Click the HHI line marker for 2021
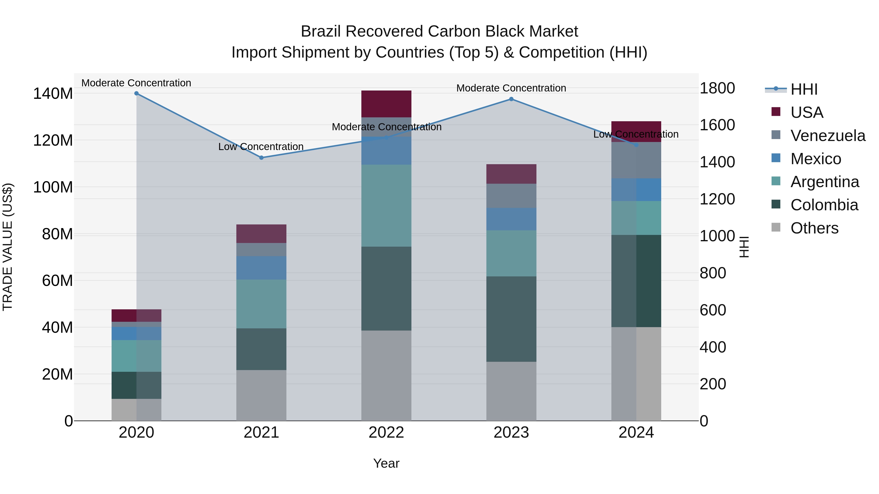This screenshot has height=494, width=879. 261,158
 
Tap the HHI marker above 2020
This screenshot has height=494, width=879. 136,93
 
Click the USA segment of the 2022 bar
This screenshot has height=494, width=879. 386,104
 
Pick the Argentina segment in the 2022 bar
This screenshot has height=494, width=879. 386,206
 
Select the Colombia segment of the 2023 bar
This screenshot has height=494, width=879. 511,319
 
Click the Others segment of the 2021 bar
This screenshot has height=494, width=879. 261,395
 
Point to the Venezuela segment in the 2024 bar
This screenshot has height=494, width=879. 636,160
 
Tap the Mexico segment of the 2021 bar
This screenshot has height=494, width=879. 261,268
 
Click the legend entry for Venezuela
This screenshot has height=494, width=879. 828,136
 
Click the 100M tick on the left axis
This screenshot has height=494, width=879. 53,187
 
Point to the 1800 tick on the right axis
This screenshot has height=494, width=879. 717,88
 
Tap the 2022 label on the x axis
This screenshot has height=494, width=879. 386,433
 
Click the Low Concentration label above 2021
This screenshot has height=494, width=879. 261,147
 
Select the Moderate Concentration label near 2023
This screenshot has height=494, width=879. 511,88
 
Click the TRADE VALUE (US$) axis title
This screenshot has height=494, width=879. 8,247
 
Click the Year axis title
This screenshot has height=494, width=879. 386,463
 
